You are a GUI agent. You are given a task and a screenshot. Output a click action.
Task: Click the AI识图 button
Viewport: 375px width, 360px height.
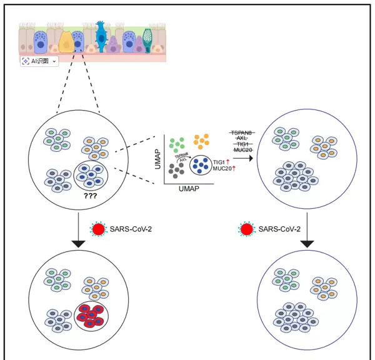(39, 61)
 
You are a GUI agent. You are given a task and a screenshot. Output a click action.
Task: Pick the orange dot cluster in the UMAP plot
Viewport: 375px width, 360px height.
(202, 142)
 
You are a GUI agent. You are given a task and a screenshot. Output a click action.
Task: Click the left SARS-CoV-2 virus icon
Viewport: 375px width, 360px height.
(98, 229)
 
